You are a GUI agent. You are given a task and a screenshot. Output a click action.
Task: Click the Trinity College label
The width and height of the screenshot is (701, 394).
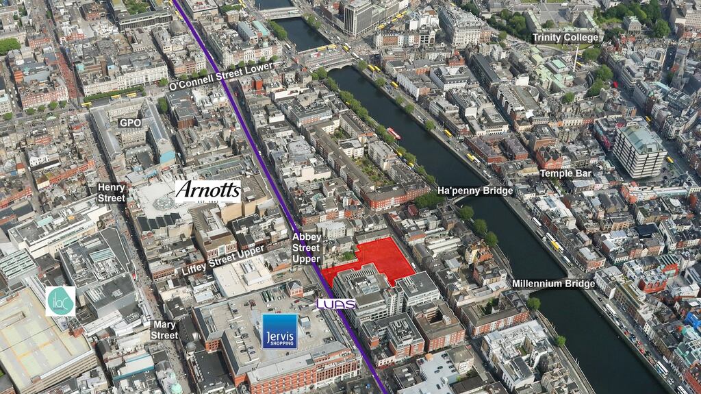click(x=565, y=38)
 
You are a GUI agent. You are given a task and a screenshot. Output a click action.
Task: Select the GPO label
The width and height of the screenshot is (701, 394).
click(x=130, y=123)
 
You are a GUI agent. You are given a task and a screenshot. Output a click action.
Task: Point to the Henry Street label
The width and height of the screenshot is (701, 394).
click(x=112, y=192)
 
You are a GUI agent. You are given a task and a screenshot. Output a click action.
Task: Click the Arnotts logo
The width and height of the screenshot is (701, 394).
click(x=208, y=190)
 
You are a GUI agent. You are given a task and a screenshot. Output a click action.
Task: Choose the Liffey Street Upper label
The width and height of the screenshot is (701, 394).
click(x=223, y=260)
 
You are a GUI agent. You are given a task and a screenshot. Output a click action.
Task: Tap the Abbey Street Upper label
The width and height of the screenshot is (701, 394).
click(x=306, y=247)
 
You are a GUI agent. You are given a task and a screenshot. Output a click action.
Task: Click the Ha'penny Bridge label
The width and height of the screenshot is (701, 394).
click(x=474, y=190)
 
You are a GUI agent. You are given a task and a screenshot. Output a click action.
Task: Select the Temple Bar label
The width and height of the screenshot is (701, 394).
click(x=565, y=173)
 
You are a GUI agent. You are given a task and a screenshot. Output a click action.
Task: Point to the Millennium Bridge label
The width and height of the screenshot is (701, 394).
click(x=554, y=283)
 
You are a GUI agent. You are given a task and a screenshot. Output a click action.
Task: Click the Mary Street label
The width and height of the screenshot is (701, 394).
click(x=164, y=330)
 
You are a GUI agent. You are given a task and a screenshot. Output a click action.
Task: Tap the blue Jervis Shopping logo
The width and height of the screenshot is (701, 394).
click(x=280, y=331)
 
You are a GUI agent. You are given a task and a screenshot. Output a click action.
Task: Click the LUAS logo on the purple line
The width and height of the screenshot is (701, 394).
click(x=335, y=304)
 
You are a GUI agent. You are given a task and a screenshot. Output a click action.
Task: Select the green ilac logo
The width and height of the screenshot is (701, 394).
click(x=60, y=301)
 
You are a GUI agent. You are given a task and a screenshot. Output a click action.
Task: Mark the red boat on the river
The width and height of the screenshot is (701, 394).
click(x=394, y=133)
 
